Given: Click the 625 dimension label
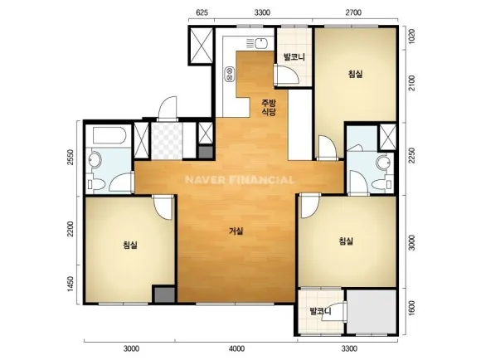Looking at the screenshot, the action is pyautogui.click(x=202, y=12).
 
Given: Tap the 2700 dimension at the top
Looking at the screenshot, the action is pyautogui.click(x=353, y=12).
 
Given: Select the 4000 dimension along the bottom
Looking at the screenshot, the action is pyautogui.click(x=237, y=348).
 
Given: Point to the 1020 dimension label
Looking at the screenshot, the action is pyautogui.click(x=411, y=36).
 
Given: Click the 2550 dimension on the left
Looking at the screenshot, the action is pyautogui.click(x=70, y=157).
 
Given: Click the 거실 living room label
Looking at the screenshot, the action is pyautogui.click(x=236, y=231).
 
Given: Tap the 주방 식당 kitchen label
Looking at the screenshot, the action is pyautogui.click(x=269, y=107).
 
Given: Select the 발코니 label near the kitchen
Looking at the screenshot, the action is pyautogui.click(x=294, y=57).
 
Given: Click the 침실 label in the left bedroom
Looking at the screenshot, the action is pyautogui.click(x=130, y=245).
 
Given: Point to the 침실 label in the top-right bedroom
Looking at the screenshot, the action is pyautogui.click(x=355, y=74).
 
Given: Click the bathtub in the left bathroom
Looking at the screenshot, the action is pyautogui.click(x=109, y=136).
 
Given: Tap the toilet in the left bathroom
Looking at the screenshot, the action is pyautogui.click(x=96, y=184).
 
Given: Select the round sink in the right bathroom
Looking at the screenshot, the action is pyautogui.click(x=383, y=163).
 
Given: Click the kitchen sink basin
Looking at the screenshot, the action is pyautogui.click(x=261, y=43).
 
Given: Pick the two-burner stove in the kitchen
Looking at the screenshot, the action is pyautogui.click(x=229, y=74).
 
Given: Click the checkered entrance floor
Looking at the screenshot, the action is pyautogui.click(x=167, y=141).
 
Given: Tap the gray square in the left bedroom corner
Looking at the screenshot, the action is pyautogui.click(x=164, y=294).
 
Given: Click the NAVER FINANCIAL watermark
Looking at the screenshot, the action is pyautogui.click(x=240, y=180).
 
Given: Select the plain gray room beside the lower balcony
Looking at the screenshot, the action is pyautogui.click(x=372, y=311).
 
